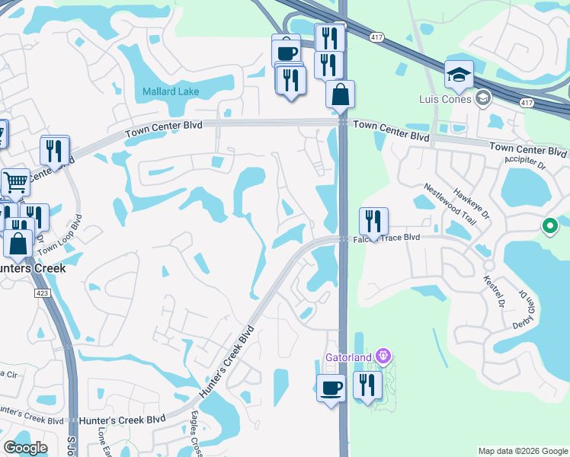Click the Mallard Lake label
[171, 92]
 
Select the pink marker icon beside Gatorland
[383, 356]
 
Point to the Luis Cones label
[446, 98]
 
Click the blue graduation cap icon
[459, 75]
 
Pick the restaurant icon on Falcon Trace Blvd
[373, 221]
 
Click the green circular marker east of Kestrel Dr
[549, 225]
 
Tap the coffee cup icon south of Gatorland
[331, 388]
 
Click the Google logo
[25, 448]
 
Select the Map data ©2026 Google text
[522, 451]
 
